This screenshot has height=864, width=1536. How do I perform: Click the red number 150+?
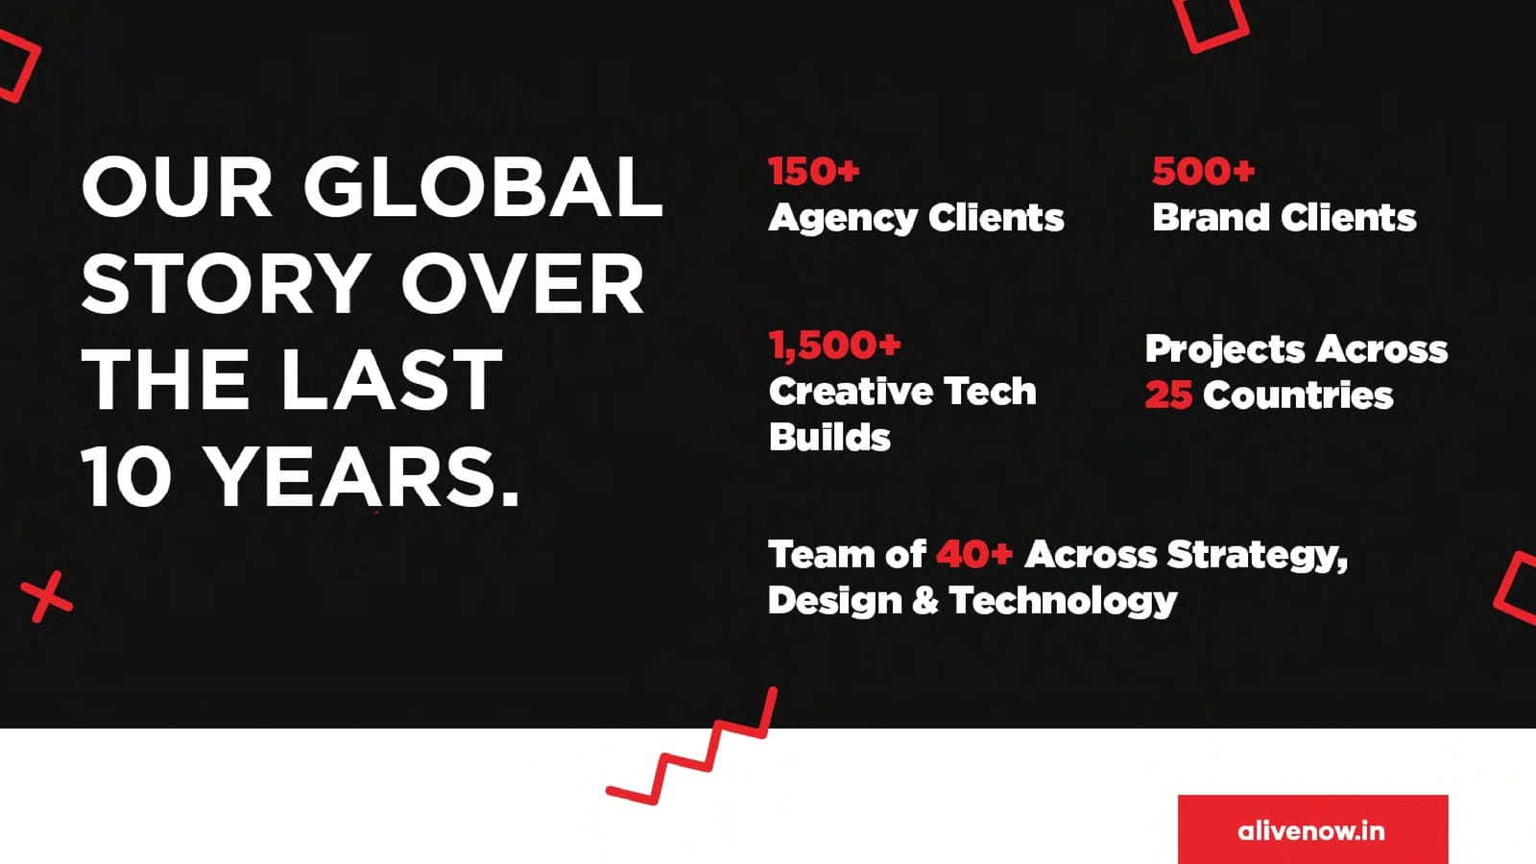[814, 171]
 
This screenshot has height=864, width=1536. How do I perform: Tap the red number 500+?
[1204, 171]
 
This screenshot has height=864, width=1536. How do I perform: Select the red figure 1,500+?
[834, 345]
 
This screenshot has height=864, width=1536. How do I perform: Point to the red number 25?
[1168, 395]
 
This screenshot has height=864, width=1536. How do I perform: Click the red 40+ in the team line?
[974, 554]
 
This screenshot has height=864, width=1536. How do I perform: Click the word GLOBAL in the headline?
[483, 186]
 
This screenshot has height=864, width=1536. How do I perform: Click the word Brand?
[1212, 217]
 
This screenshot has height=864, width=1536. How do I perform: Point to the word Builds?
[829, 437]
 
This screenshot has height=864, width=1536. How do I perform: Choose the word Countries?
[1298, 396]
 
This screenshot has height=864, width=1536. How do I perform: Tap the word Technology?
[1063, 601]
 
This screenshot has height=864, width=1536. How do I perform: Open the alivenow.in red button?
[1312, 829]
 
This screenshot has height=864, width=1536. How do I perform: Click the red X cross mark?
[47, 596]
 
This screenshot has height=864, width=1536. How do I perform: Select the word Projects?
[1225, 350]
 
